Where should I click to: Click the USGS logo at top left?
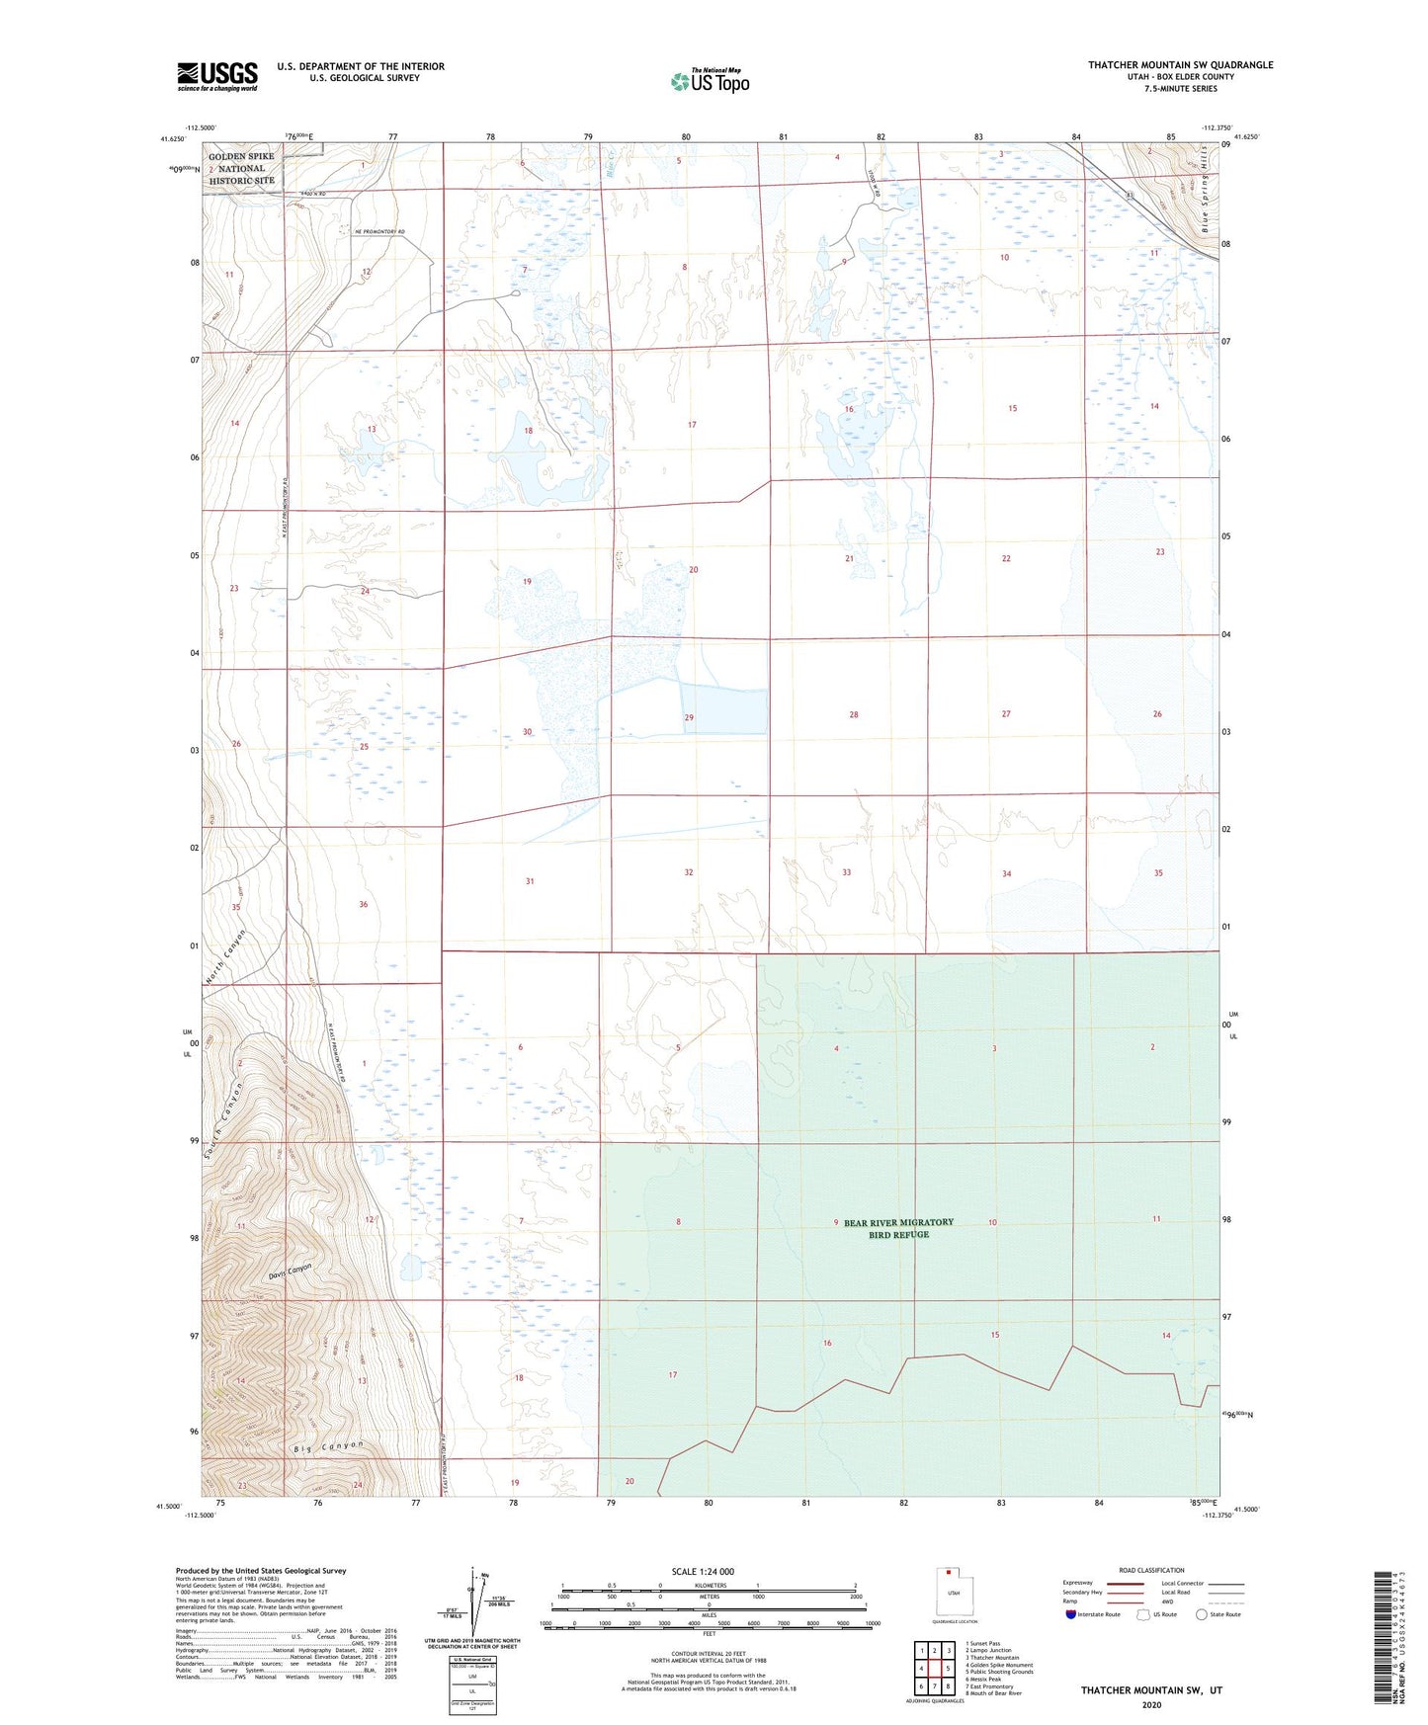point(216,76)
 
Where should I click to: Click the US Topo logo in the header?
point(710,80)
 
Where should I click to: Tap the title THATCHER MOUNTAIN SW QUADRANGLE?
point(1180,65)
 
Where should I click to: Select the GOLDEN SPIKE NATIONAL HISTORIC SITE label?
point(241,168)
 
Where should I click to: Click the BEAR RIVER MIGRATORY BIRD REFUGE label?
point(898,1228)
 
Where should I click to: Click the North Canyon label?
point(226,956)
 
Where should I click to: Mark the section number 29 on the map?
point(689,717)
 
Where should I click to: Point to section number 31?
point(530,881)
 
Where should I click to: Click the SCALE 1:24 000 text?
point(702,1572)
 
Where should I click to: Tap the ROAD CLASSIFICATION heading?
point(1151,1570)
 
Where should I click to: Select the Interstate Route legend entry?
point(1092,1614)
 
